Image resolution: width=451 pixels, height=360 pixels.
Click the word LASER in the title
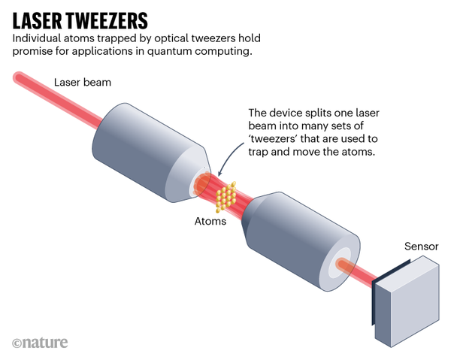pyautogui.click(x=37, y=21)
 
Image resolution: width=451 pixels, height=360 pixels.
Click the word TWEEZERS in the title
pyautogui.click(x=107, y=21)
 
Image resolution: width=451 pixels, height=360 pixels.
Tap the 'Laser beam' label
pyautogui.click(x=83, y=82)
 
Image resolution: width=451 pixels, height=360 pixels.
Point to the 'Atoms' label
pyautogui.click(x=210, y=221)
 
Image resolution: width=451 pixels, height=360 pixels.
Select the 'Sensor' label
pyautogui.click(x=422, y=247)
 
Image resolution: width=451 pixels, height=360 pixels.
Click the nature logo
pyautogui.click(x=40, y=343)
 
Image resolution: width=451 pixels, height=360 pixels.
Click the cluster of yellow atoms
pyautogui.click(x=226, y=197)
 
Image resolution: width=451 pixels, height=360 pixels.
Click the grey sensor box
pyautogui.click(x=407, y=301)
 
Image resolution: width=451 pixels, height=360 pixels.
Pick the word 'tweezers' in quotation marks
pyautogui.click(x=273, y=138)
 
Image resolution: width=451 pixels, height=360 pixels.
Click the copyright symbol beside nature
pyautogui.click(x=17, y=343)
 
